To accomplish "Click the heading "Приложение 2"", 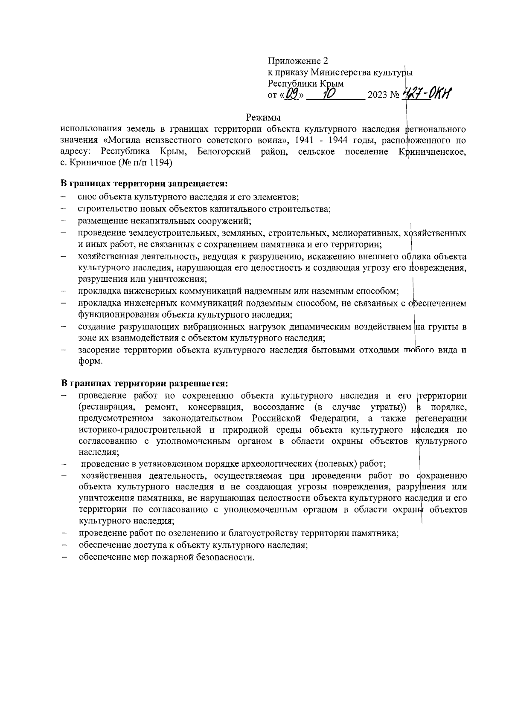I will (298, 61).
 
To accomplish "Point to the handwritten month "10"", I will (329, 92).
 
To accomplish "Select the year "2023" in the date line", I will (377, 95).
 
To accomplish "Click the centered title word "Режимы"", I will (264, 117).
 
